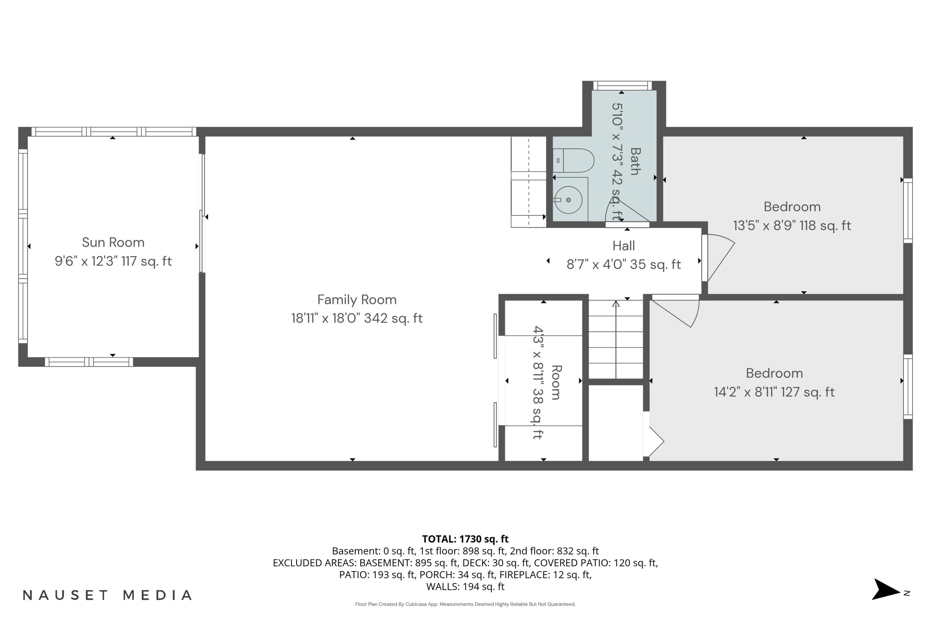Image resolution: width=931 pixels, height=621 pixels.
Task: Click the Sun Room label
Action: [x=113, y=243]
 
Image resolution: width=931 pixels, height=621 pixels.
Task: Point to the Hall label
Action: [x=623, y=246]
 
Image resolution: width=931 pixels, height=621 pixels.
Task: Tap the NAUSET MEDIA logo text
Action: [x=107, y=595]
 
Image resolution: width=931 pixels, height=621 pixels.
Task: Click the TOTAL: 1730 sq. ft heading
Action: [x=465, y=539]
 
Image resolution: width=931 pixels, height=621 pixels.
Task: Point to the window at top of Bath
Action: [x=622, y=86]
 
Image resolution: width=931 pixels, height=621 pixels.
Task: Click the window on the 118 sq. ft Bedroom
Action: [x=908, y=211]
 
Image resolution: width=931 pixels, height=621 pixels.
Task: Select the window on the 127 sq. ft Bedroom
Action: [x=908, y=387]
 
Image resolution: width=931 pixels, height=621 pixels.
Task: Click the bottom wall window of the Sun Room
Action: [x=89, y=362]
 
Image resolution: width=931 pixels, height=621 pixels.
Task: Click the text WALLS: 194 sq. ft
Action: [x=465, y=587]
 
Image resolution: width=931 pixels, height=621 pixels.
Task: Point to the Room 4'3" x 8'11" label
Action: [x=546, y=383]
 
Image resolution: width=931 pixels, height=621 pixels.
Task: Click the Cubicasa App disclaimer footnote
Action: [x=465, y=604]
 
